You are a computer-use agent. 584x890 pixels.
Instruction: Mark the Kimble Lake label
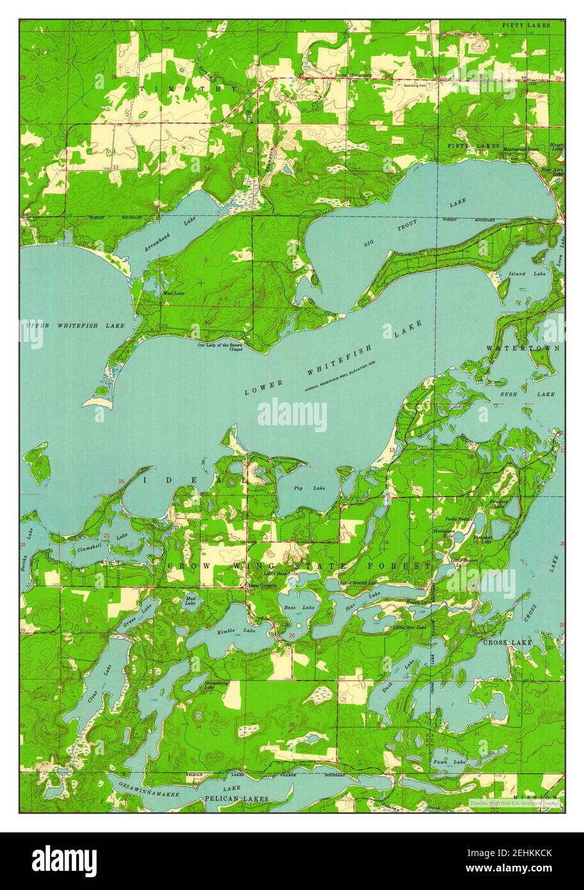click(227, 631)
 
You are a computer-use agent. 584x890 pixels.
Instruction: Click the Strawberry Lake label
click(216, 686)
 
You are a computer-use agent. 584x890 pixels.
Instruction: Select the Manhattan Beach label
click(521, 149)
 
